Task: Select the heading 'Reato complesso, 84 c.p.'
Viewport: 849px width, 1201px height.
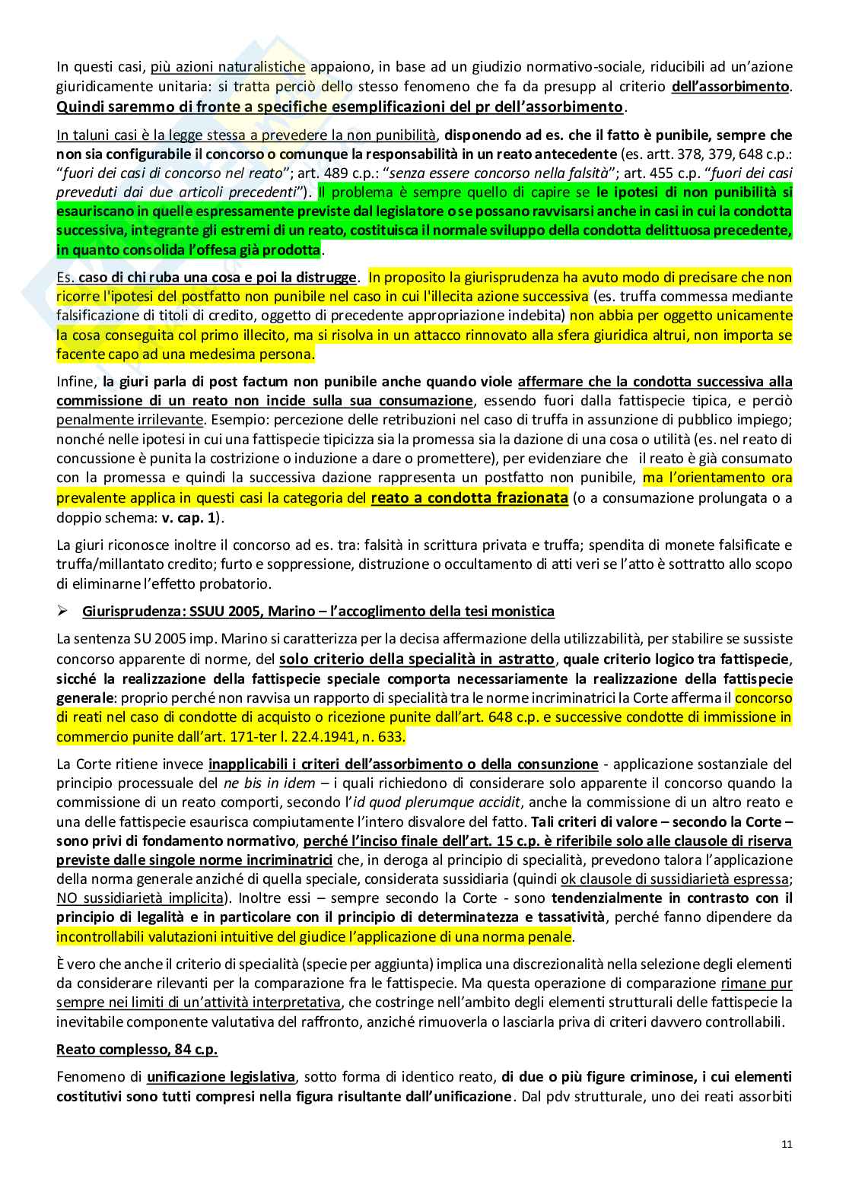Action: [x=137, y=1050]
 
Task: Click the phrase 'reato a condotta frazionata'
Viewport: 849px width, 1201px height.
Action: [x=469, y=498]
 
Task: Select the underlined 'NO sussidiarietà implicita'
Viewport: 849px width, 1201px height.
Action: [x=140, y=898]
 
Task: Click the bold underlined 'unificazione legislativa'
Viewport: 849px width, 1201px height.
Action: [x=221, y=1077]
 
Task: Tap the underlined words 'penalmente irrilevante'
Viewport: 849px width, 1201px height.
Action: [x=129, y=420]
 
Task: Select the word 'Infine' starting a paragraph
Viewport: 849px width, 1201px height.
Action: [x=76, y=382]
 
